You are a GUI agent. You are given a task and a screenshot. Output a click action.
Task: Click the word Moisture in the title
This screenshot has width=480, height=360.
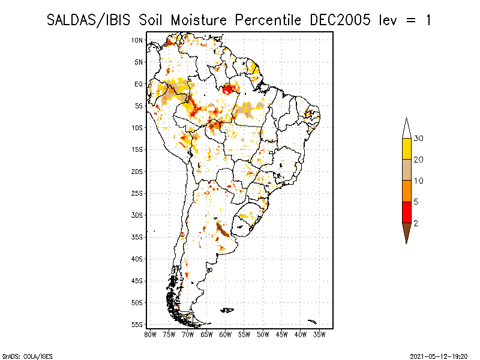coord(199,20)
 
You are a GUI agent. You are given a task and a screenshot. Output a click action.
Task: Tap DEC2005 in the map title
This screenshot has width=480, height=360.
coord(340,20)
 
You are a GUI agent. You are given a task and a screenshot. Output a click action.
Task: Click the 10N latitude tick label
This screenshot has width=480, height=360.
coord(137,40)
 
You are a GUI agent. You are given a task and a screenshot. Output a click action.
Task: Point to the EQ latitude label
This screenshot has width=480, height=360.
coord(139,84)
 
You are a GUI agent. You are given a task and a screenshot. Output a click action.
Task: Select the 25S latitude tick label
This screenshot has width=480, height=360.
coord(137,193)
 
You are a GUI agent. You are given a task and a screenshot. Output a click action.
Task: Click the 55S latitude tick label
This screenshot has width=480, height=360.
coord(137,325)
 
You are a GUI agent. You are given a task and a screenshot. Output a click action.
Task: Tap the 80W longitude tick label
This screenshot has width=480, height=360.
coord(150,335)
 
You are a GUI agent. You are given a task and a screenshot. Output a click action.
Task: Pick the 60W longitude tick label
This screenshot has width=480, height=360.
coord(226,335)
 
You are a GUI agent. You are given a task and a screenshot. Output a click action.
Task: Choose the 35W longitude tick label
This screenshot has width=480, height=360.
coord(319,335)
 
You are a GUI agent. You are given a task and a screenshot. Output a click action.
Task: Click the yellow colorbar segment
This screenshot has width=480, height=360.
coord(407,149)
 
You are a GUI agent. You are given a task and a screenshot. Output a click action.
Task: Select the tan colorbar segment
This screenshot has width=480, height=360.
coord(407,170)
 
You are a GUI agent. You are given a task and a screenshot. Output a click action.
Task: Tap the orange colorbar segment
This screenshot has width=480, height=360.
coord(407,191)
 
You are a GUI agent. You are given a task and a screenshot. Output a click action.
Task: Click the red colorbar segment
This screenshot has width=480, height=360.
coord(407,212)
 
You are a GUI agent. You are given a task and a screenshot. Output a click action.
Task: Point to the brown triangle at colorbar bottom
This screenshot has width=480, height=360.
coord(407,231)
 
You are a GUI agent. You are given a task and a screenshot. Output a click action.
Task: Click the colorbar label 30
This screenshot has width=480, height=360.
coord(418,139)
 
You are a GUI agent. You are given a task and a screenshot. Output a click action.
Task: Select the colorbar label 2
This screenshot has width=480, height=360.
coord(416,223)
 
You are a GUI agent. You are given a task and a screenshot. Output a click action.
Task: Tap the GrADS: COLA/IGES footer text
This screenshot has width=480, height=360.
coord(27,356)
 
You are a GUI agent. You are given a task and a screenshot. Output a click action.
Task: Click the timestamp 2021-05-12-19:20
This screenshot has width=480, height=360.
coord(439,356)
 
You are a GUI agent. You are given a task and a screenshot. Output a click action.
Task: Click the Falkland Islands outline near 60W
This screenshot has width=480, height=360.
coord(227,310)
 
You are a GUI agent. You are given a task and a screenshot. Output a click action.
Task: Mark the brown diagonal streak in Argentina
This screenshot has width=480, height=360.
coord(223,230)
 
